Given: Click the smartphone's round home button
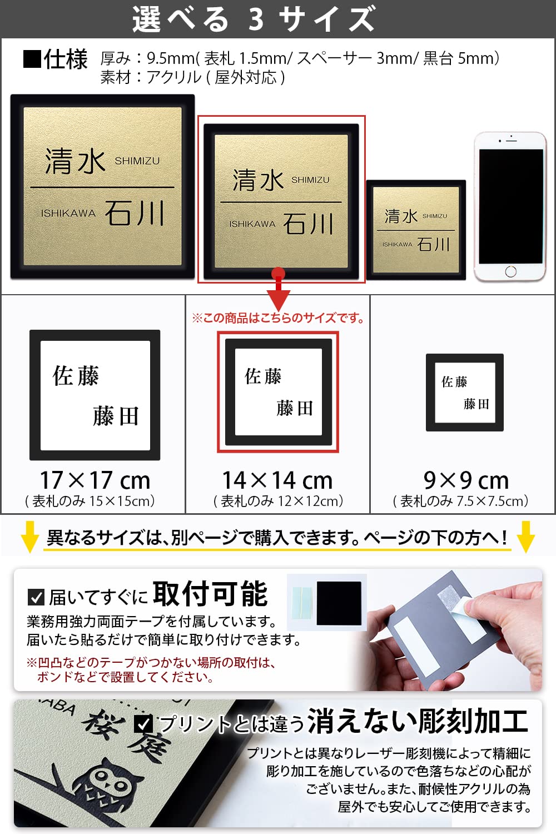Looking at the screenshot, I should click(511, 271).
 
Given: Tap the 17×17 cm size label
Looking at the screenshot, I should click(95, 480).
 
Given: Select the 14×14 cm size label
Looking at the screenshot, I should click(277, 480).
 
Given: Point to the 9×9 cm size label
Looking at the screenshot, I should click(466, 480).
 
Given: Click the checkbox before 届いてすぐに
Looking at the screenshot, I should click(36, 598).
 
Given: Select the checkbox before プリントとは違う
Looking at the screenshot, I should click(144, 723).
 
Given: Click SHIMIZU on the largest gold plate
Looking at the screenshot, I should click(137, 161).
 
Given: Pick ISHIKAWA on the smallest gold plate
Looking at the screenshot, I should click(397, 245).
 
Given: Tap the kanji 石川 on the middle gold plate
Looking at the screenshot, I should click(308, 224).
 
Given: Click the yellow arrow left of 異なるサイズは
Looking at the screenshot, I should click(29, 537).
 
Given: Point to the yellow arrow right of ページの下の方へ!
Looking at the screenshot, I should click(525, 537).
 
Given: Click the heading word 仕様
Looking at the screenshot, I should click(66, 59).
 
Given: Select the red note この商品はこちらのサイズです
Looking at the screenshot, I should click(278, 318).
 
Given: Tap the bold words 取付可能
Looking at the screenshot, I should click(210, 594).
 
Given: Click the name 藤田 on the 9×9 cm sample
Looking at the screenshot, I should click(476, 404).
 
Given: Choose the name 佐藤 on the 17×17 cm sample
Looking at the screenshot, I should click(76, 376).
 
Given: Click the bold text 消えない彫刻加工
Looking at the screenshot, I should click(418, 721).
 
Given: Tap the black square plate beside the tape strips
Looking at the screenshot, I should click(339, 603).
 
